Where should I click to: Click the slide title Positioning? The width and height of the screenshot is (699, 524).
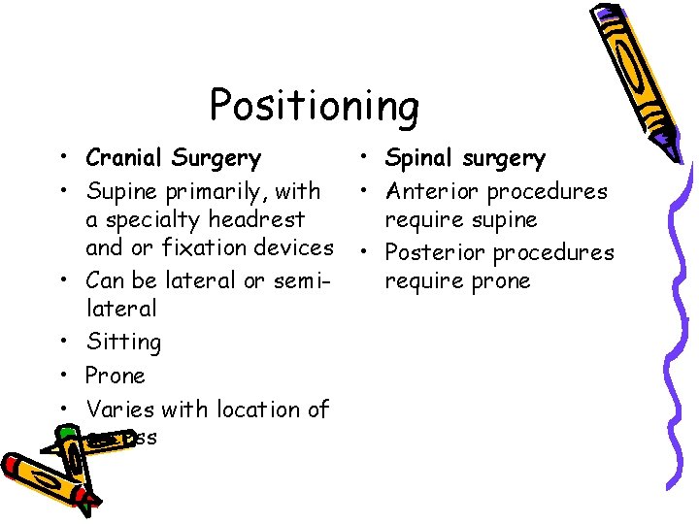pyautogui.click(x=314, y=105)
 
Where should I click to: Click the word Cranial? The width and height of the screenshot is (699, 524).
pyautogui.click(x=123, y=157)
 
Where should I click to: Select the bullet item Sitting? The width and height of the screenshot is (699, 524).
pyautogui.click(x=123, y=343)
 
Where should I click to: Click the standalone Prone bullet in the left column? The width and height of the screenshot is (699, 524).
pyautogui.click(x=115, y=376)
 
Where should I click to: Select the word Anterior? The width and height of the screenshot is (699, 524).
pyautogui.click(x=432, y=192)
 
